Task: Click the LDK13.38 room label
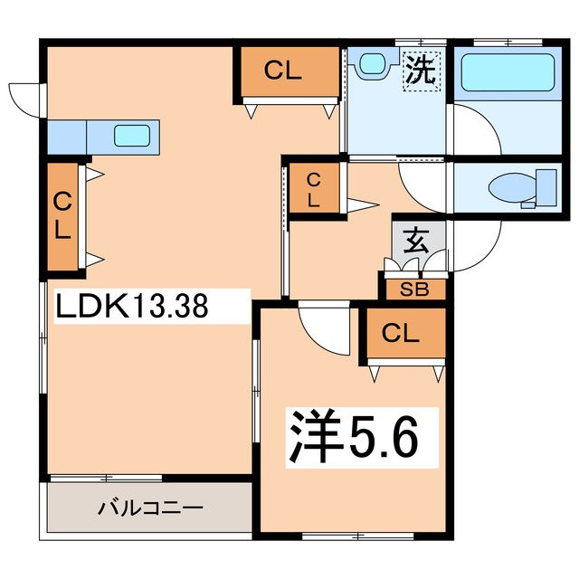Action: pos(133,306)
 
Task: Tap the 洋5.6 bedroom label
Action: pos(353,437)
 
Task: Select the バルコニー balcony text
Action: pos(149,507)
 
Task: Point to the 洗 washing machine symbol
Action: pos(419,71)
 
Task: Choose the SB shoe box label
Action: pos(415,289)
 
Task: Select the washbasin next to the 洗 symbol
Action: pos(371,64)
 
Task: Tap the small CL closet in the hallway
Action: pos(312,189)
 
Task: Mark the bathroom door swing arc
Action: pos(475,131)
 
